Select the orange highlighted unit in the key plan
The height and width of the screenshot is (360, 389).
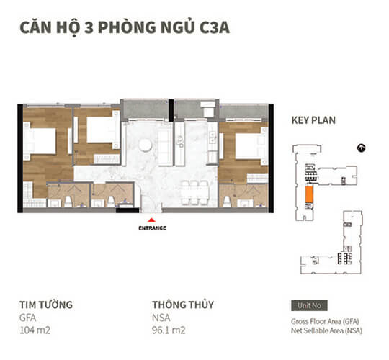point(308,191)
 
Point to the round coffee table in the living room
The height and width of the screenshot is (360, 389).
point(145,145)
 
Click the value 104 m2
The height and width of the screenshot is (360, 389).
point(37,330)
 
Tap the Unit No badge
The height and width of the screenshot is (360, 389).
point(308,305)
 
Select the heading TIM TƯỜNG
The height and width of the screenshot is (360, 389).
point(46,305)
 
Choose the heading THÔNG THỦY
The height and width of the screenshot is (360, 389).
point(183,305)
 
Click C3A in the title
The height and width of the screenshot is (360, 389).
point(215,28)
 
